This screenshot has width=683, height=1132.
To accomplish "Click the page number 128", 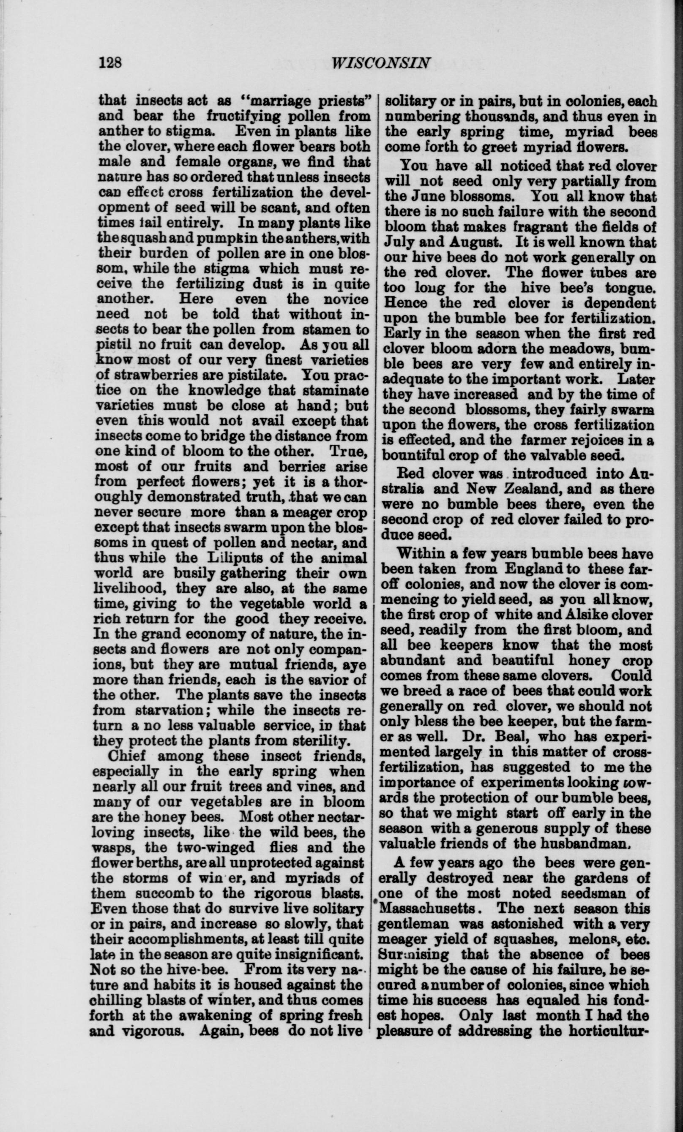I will pyautogui.click(x=111, y=62).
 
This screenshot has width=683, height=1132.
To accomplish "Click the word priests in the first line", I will pyautogui.click(x=338, y=100).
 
